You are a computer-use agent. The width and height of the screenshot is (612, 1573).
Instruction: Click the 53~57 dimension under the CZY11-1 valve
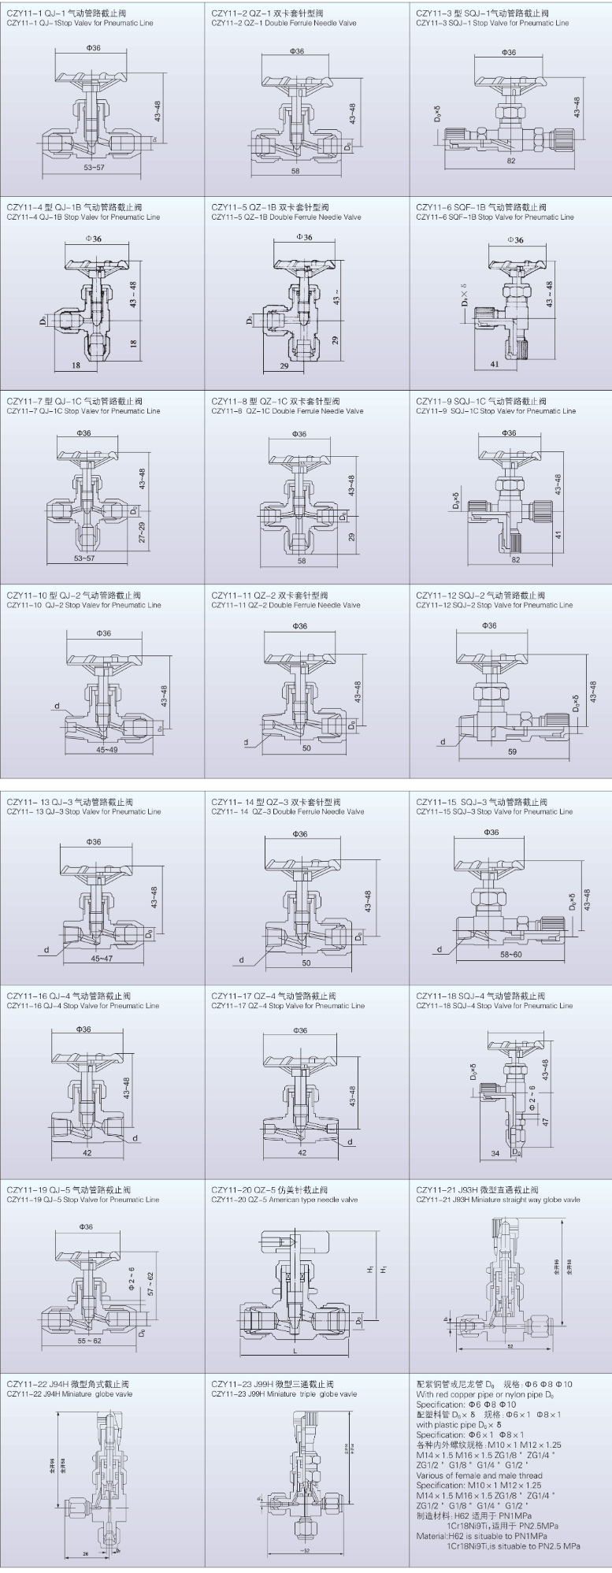point(94,168)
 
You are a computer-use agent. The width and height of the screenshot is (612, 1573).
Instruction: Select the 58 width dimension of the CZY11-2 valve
point(295,170)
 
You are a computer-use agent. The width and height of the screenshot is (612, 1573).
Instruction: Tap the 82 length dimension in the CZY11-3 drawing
point(511,161)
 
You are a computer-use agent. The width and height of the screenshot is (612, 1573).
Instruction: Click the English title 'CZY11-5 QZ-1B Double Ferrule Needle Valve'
point(286,217)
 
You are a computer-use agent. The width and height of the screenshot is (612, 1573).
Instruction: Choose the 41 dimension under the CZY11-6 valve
point(494,365)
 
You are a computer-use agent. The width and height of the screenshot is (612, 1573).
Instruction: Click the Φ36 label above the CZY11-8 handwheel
point(299,434)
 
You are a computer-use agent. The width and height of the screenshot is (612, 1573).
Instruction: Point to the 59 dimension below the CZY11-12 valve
point(513,751)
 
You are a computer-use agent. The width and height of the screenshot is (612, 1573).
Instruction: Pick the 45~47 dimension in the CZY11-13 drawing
point(102,959)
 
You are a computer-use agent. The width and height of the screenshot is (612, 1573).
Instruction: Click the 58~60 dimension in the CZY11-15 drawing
point(511,955)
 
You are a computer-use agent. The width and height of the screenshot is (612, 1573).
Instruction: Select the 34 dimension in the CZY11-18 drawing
point(495,1153)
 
